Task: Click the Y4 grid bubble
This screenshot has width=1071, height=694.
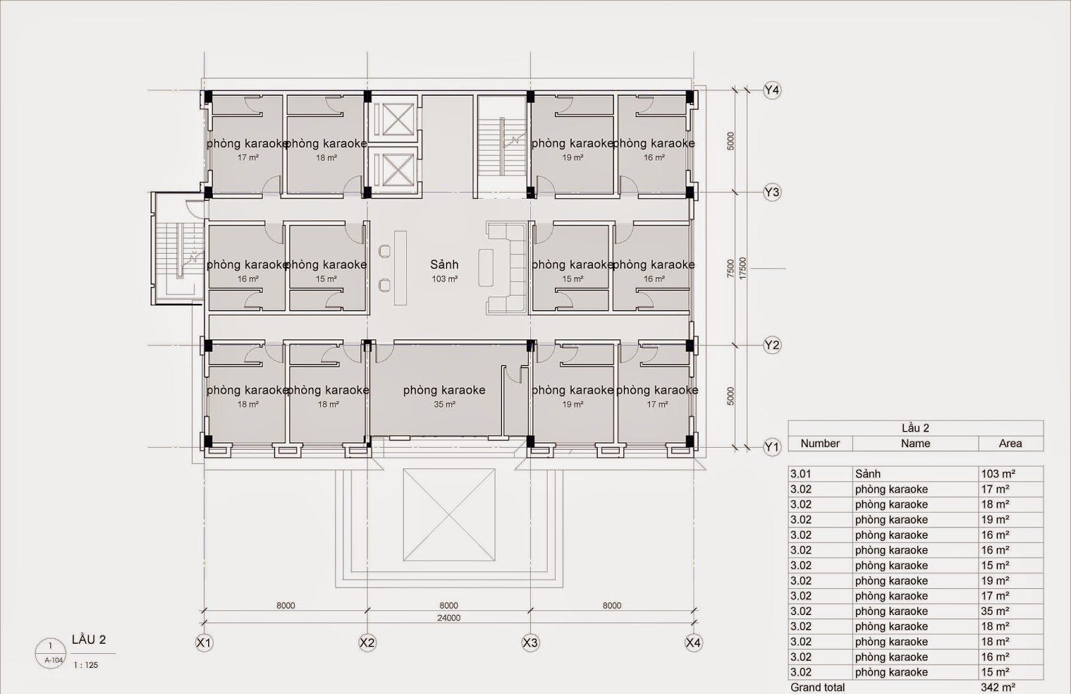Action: (x=772, y=90)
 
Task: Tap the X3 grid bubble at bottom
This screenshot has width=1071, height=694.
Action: (x=530, y=643)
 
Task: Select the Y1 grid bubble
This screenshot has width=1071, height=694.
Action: (x=772, y=447)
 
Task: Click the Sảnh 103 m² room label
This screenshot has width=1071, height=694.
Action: (x=444, y=271)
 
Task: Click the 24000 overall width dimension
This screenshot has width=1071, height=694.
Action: (x=448, y=618)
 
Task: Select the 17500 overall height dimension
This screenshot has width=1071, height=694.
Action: (x=742, y=268)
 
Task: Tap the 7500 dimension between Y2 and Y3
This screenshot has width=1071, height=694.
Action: (x=731, y=268)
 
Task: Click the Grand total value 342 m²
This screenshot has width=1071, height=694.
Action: (x=998, y=687)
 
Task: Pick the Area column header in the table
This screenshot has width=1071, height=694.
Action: (x=1010, y=443)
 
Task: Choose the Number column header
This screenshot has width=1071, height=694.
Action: (x=820, y=443)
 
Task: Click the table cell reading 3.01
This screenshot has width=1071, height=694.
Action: (x=801, y=474)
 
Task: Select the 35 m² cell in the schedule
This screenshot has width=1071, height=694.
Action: (x=995, y=611)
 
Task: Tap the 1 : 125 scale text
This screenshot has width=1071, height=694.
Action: (x=86, y=665)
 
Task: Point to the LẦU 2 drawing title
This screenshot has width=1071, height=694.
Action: (x=89, y=640)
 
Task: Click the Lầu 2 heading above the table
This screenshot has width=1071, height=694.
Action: (x=915, y=428)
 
